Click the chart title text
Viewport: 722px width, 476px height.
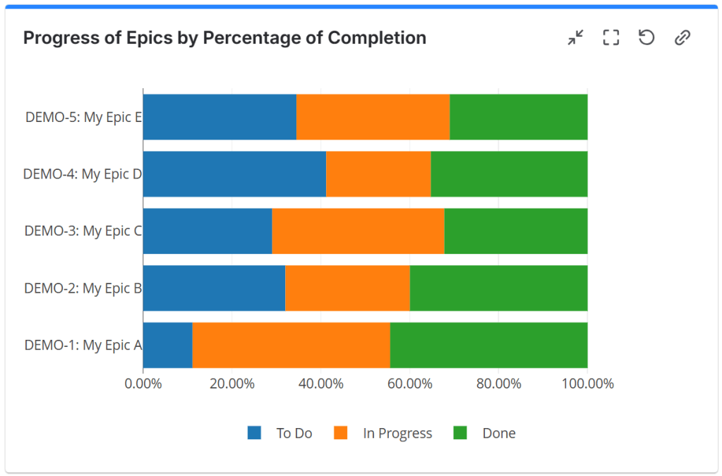click(x=224, y=37)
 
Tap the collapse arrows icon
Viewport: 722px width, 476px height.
click(x=576, y=37)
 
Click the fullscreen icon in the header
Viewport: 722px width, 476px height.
click(x=610, y=37)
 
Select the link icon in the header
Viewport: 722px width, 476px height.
click(x=682, y=37)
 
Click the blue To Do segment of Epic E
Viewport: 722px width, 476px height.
click(x=219, y=117)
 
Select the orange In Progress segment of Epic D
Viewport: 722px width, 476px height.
click(x=378, y=174)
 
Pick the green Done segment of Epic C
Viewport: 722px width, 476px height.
click(x=516, y=231)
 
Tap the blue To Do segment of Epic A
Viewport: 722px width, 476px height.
click(x=167, y=346)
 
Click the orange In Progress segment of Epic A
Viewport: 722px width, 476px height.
click(x=291, y=346)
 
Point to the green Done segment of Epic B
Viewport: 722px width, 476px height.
click(x=498, y=288)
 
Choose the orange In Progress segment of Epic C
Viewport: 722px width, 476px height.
click(x=358, y=231)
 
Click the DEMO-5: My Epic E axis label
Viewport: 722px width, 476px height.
click(x=83, y=118)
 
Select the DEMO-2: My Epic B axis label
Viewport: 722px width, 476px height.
click(x=83, y=288)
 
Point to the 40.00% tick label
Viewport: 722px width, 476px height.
click(x=320, y=384)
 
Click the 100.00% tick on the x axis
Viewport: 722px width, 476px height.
click(x=587, y=384)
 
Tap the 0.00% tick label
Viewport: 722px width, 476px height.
click(x=143, y=384)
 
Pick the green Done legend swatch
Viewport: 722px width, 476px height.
click(x=460, y=433)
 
